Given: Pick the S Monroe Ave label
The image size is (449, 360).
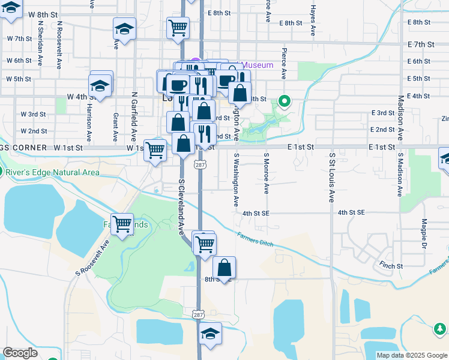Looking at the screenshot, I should pyautogui.click(x=267, y=173).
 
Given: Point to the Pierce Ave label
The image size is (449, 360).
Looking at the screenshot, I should pyautogui.click(x=284, y=64).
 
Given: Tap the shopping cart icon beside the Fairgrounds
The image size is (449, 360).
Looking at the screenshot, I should pyautogui.click(x=122, y=224).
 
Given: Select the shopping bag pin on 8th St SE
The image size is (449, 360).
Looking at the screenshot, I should pyautogui.click(x=224, y=267).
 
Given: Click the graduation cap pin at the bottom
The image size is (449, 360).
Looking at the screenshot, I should pyautogui.click(x=211, y=334).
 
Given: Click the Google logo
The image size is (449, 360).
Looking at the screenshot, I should pyautogui.click(x=20, y=352).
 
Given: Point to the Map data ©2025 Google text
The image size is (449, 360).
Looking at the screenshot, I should pyautogui.click(x=412, y=355).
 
